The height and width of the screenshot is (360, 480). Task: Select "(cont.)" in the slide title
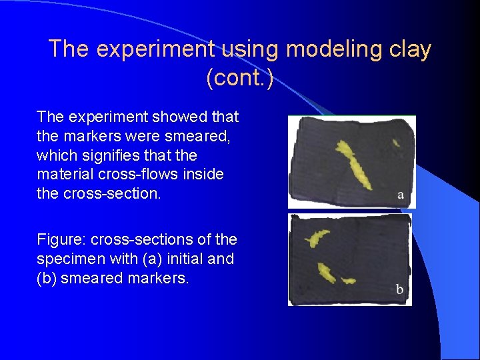pos(240,78)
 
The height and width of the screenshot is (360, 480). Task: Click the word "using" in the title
pos(247,49)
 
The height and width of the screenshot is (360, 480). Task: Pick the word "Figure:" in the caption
pos(61,239)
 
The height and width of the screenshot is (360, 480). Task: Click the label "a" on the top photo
pos(400,195)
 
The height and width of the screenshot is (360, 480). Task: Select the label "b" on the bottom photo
pos(399,290)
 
